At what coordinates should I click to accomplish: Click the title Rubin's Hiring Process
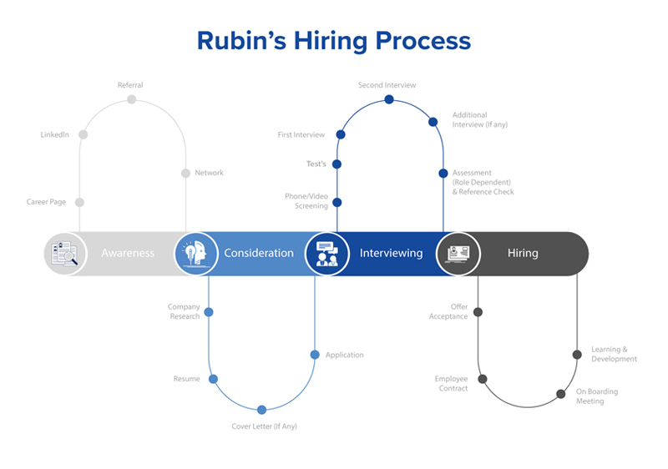(x=334, y=40)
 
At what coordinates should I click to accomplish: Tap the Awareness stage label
(x=128, y=253)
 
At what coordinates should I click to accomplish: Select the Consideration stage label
(x=259, y=253)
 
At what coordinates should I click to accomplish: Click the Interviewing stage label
(x=391, y=253)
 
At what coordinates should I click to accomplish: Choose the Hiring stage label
(x=523, y=253)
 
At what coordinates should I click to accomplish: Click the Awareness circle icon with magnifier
(x=65, y=253)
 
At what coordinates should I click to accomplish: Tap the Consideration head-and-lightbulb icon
(x=195, y=253)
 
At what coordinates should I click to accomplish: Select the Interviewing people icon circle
(x=326, y=253)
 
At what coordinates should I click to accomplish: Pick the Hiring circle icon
(x=458, y=253)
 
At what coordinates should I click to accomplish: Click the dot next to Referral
(x=131, y=99)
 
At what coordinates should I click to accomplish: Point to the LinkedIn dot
(x=83, y=134)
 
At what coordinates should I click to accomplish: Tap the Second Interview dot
(x=389, y=99)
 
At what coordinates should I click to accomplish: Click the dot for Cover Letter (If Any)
(x=261, y=410)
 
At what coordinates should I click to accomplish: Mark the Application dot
(x=315, y=355)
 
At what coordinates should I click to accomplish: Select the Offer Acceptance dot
(x=478, y=312)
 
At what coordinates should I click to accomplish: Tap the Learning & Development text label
(x=614, y=354)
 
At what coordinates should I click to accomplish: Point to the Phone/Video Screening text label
(x=306, y=201)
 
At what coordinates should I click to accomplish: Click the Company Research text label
(x=184, y=311)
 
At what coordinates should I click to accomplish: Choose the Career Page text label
(x=46, y=202)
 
